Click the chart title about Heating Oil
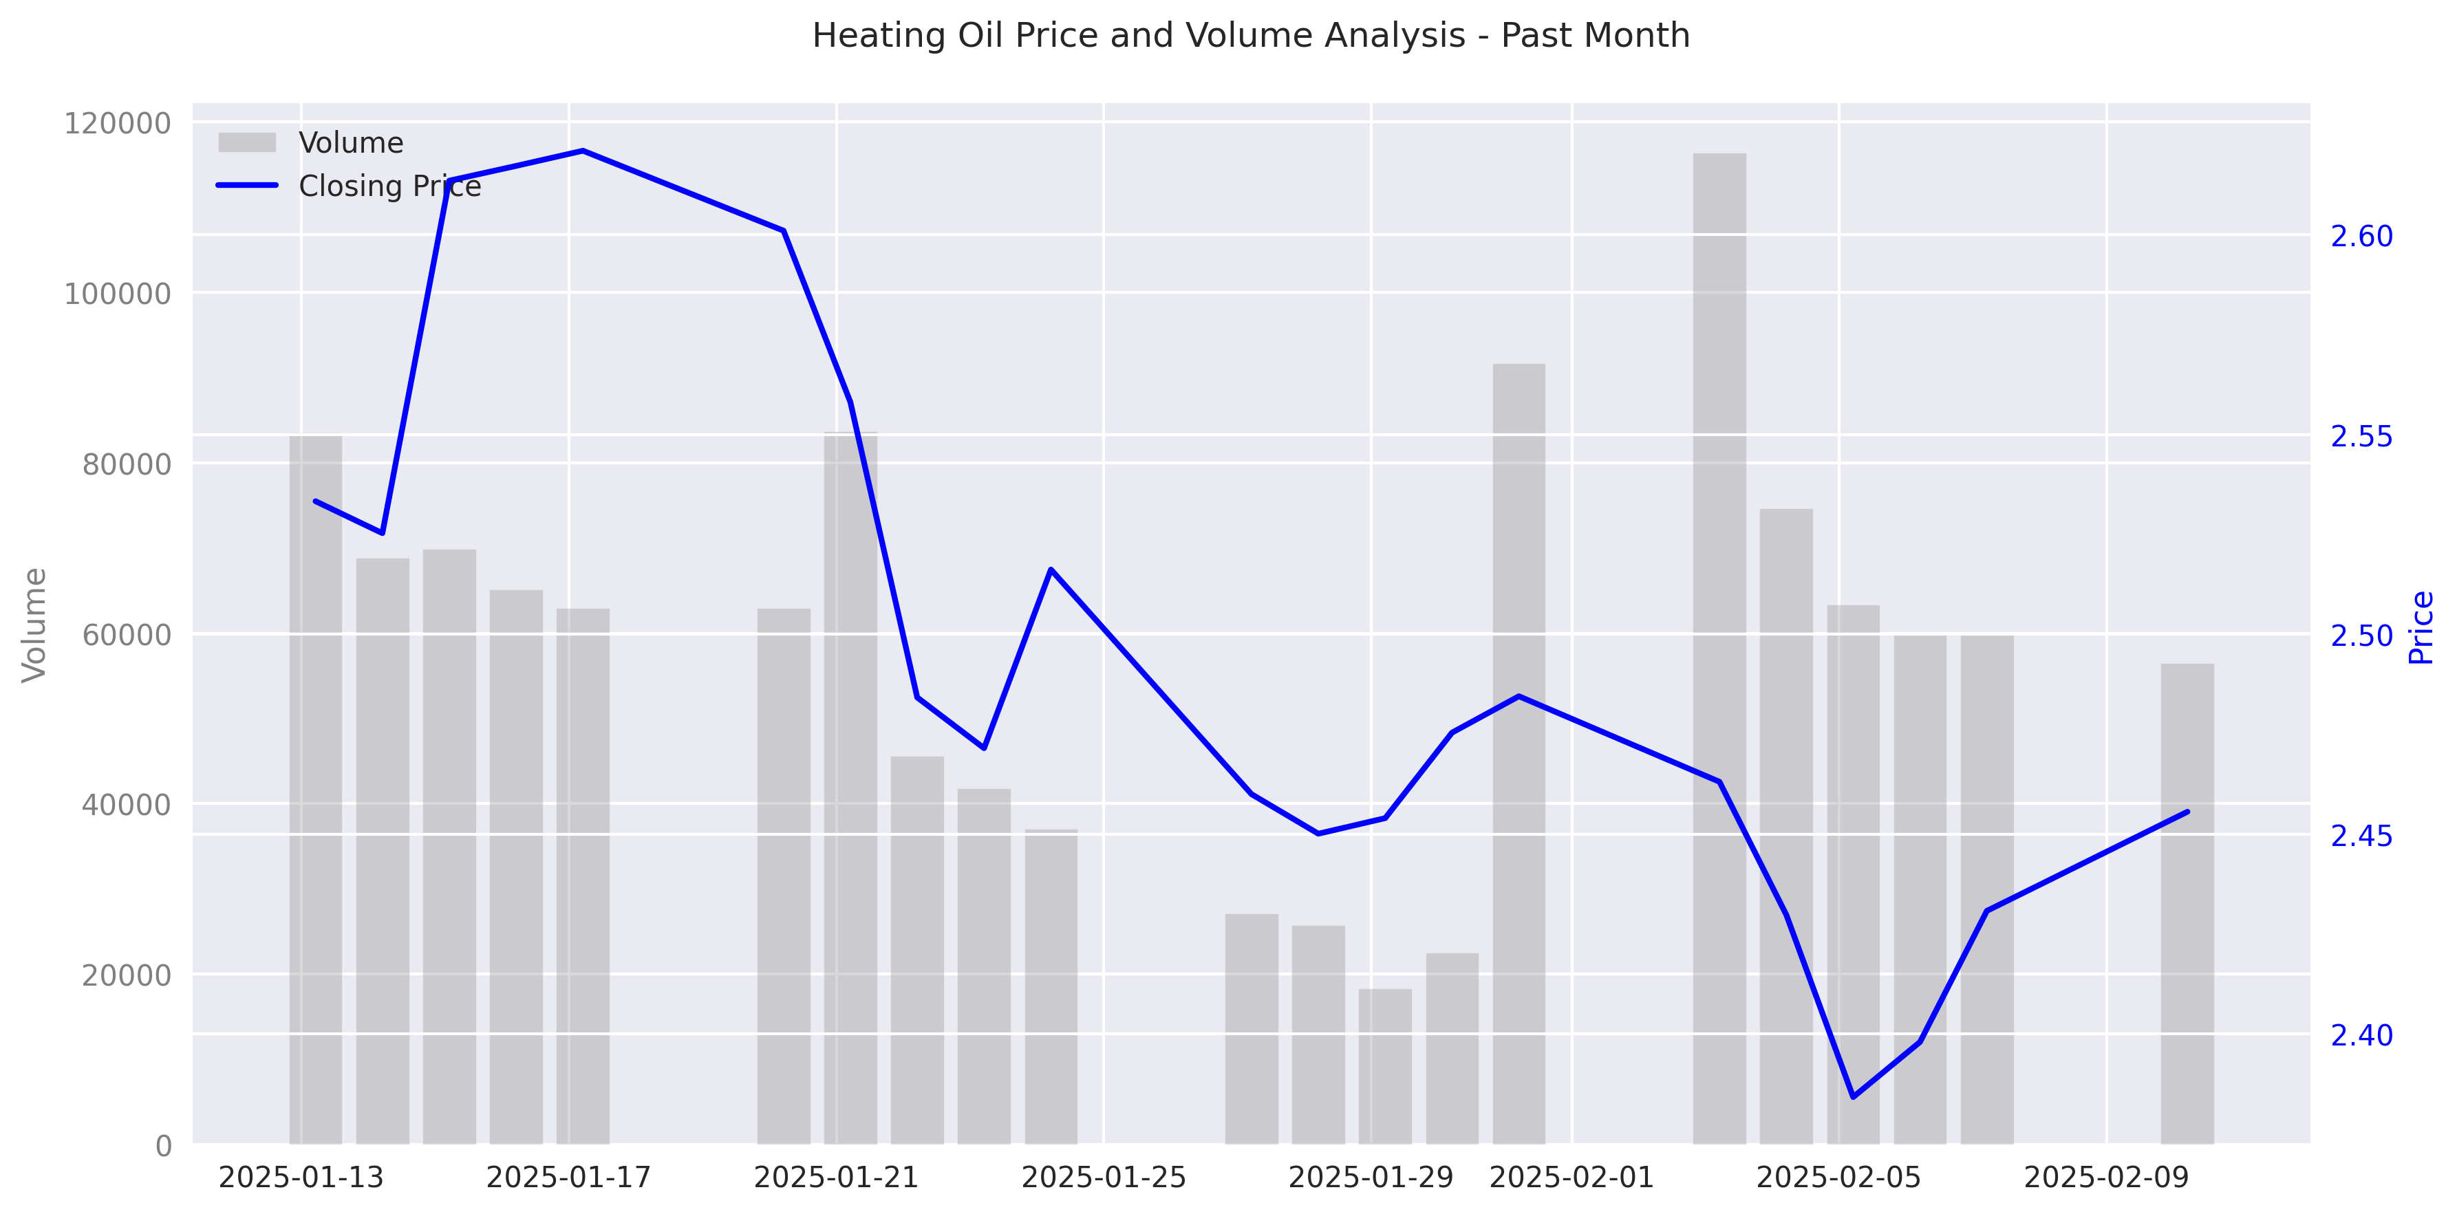coord(1250,35)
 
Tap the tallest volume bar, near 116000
coord(1719,649)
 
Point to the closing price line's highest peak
coord(583,151)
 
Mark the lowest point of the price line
coord(1853,1096)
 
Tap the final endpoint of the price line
coord(2187,812)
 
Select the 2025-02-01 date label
coord(1571,1178)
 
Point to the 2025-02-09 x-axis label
coord(2106,1178)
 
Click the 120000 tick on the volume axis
coord(118,124)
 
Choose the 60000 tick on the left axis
coord(126,634)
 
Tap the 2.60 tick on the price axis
coord(2361,237)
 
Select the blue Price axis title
coord(2421,627)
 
